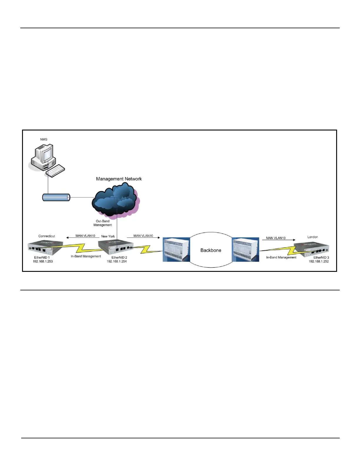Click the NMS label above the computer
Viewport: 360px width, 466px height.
44,139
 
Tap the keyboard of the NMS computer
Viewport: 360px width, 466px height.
55,171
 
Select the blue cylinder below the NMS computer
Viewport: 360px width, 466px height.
56,197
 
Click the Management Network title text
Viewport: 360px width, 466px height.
119,179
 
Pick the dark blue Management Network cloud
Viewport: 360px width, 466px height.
115,200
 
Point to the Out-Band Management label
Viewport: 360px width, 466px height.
103,223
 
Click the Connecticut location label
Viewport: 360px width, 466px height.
46,236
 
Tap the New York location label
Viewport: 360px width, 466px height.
108,236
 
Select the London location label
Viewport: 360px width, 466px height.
312,237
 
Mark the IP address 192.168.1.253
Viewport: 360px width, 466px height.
43,262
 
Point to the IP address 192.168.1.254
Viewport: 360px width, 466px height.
117,262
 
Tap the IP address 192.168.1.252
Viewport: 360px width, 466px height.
319,262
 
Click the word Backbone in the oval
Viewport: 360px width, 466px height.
211,250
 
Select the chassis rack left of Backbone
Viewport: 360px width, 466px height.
176,250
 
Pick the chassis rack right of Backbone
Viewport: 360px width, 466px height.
246,250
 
